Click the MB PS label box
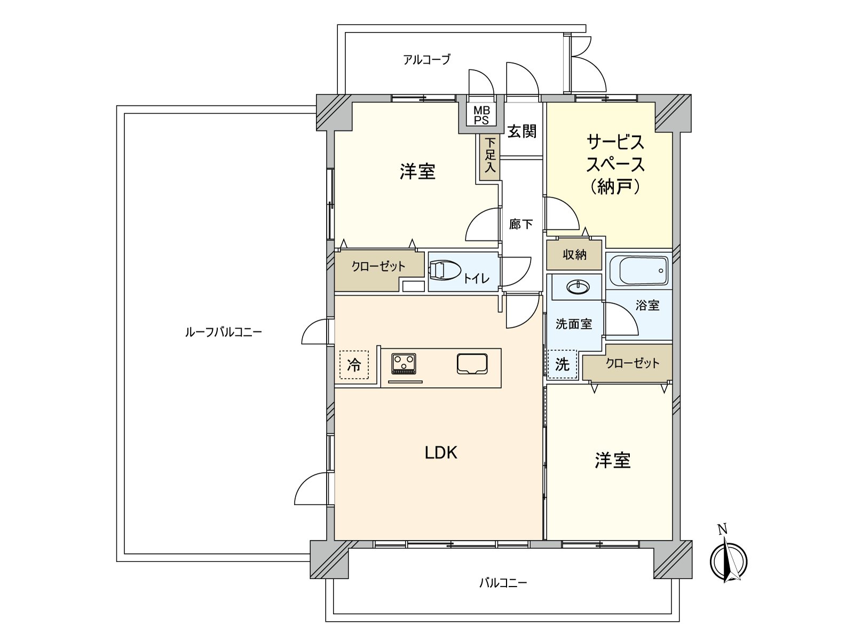481,115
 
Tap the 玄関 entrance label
521,131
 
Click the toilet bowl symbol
445,270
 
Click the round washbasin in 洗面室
578,288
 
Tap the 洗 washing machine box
563,364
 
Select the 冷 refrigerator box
354,364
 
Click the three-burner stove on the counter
404,364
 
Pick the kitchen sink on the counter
472,364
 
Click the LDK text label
441,453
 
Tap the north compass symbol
729,561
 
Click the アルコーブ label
426,59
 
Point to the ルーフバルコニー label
223,332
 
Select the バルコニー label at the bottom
503,582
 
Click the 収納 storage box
574,255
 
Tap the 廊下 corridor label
521,224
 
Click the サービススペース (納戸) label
615,164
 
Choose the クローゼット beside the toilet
378,266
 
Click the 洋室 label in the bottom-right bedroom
613,460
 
